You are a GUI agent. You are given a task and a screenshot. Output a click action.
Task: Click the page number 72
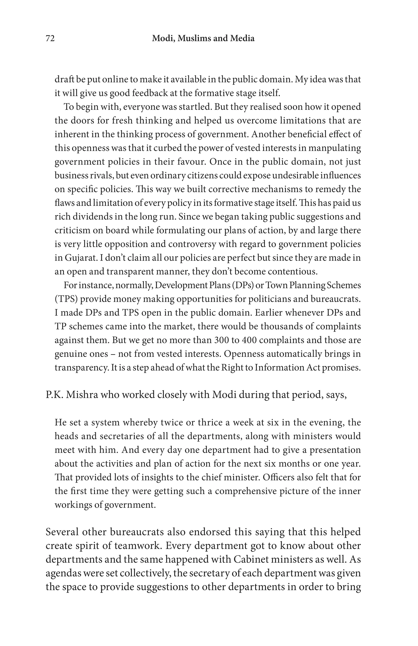coord(50,39)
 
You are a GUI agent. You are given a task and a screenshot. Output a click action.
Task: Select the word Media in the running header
coord(242,39)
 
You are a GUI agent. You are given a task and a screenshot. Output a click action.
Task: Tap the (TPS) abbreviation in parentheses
coord(67,299)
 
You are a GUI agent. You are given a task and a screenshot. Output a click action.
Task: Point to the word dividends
coord(87,217)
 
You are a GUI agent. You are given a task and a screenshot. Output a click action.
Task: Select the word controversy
coord(192,244)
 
